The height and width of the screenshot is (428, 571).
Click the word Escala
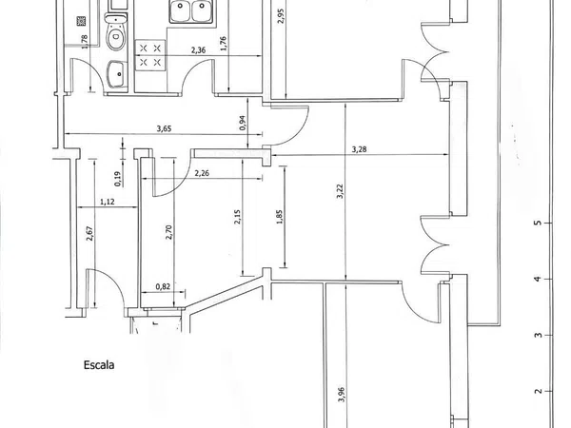tap(99, 365)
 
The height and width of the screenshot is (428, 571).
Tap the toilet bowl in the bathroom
tap(116, 31)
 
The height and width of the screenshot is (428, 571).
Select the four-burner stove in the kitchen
tap(150, 55)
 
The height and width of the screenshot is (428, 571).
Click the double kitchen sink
tap(191, 11)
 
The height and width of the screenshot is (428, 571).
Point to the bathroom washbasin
tap(117, 74)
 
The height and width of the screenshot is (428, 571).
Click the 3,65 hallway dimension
tap(164, 128)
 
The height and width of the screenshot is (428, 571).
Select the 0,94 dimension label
tap(243, 123)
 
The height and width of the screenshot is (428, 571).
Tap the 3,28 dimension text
tap(359, 149)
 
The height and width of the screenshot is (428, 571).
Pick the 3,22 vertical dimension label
tap(340, 191)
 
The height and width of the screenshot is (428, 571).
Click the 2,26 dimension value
tap(202, 173)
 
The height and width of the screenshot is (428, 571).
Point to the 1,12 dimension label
tap(107, 202)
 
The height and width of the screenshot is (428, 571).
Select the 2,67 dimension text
tap(89, 233)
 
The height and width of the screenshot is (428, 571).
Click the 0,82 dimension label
tap(163, 287)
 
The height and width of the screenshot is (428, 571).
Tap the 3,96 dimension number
tap(341, 395)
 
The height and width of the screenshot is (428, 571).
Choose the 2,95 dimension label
tap(281, 15)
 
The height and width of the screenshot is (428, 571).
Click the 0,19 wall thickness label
tap(118, 179)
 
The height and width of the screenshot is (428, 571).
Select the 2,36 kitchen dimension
tap(198, 50)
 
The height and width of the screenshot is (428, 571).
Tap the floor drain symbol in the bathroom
tap(81, 21)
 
